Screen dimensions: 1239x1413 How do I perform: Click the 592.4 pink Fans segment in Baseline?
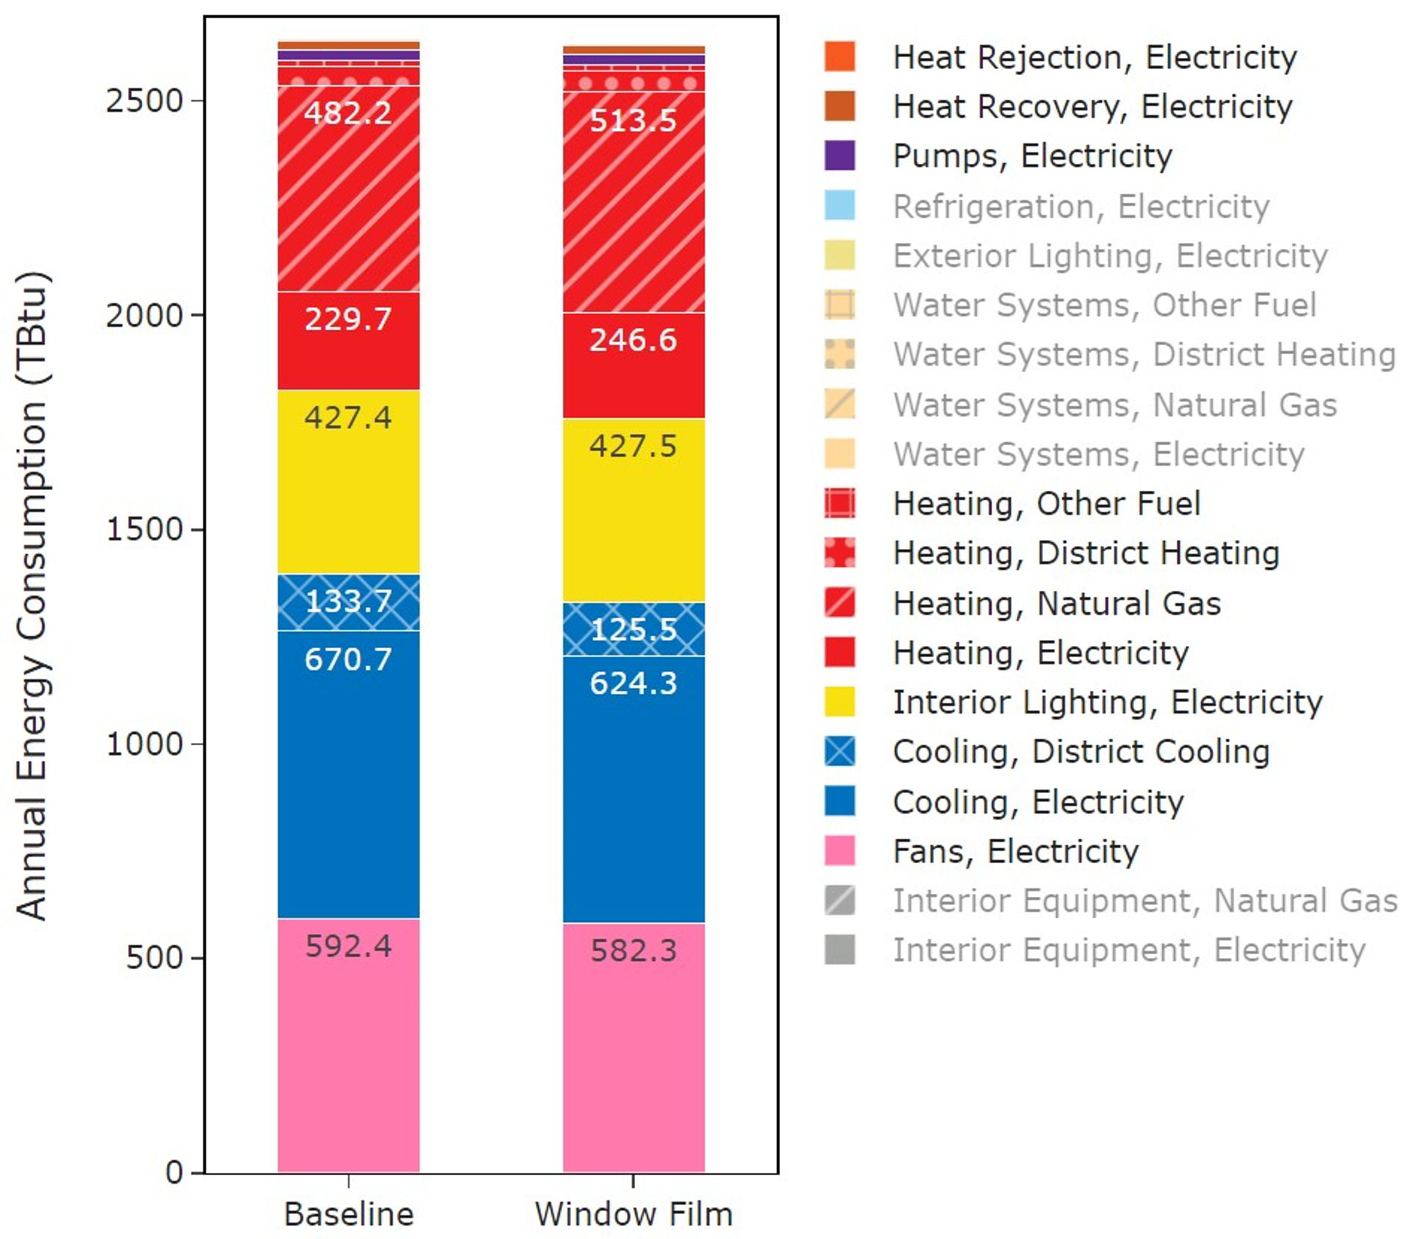click(348, 1045)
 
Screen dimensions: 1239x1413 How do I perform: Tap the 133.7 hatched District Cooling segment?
click(348, 602)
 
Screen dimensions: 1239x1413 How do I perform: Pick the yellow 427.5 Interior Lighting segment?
click(634, 510)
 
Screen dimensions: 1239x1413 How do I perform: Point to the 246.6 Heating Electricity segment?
click(634, 365)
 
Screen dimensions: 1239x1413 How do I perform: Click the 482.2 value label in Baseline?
click(348, 113)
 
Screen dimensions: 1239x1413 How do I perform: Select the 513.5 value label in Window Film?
click(634, 121)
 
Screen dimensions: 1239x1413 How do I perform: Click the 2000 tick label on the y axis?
click(144, 316)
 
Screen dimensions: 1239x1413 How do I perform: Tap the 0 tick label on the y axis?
click(174, 1172)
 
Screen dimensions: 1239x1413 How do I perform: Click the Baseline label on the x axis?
click(349, 1214)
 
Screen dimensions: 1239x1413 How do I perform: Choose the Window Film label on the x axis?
click(634, 1214)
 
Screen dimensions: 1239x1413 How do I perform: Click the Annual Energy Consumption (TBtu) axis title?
click(32, 596)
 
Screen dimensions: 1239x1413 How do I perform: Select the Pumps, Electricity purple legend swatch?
click(840, 156)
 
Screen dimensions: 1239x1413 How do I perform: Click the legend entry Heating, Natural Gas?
click(1056, 603)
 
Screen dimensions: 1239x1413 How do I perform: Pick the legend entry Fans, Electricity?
click(1015, 851)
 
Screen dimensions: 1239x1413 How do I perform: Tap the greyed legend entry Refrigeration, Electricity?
click(1080, 207)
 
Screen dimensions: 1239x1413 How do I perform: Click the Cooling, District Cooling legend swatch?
click(840, 752)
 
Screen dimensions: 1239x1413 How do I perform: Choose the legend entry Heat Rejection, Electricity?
click(1094, 57)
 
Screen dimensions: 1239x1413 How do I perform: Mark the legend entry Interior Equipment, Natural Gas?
click(1144, 901)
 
